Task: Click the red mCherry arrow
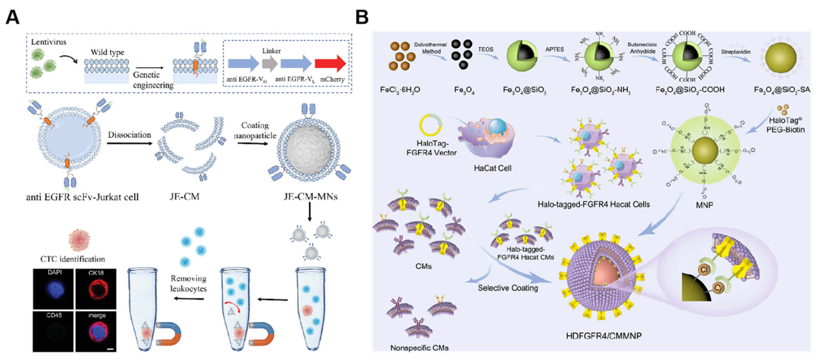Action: pos(330,63)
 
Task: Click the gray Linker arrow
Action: pos(270,63)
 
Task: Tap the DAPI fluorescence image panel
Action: pos(53,289)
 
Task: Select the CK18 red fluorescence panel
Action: pos(96,289)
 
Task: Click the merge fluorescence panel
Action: pos(96,331)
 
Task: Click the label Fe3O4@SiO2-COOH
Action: pos(690,90)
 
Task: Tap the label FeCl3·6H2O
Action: pos(400,90)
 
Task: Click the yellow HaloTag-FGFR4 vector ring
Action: pos(430,125)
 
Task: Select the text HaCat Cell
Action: pos(492,168)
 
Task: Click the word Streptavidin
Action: pos(735,52)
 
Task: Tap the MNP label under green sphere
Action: pos(704,205)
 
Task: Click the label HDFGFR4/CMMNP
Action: pos(603,336)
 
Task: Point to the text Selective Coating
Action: pos(508,288)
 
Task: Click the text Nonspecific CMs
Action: pos(419,348)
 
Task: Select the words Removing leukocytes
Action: pos(188,283)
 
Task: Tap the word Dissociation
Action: pos(129,135)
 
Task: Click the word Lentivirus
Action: pos(49,42)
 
